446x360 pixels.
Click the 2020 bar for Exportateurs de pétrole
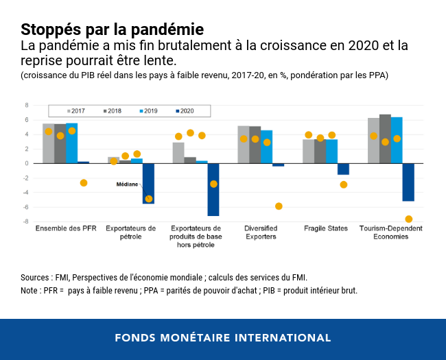pyautogui.click(x=148, y=183)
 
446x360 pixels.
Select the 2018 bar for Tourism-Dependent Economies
pyautogui.click(x=385, y=139)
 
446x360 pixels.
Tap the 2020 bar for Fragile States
pyautogui.click(x=343, y=169)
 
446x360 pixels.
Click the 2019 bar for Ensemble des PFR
pyautogui.click(x=71, y=143)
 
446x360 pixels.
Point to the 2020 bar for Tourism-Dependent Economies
pyautogui.click(x=408, y=182)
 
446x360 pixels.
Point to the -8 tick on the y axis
pyautogui.click(x=26, y=221)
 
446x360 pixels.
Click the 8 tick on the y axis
pyautogui.click(x=27, y=105)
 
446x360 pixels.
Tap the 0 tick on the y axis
pyautogui.click(x=27, y=163)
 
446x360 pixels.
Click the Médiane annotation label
pyautogui.click(x=127, y=184)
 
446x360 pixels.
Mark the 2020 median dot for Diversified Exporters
pyautogui.click(x=279, y=206)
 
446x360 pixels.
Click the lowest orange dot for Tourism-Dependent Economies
pyautogui.click(x=409, y=219)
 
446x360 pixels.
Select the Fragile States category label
pyautogui.click(x=325, y=228)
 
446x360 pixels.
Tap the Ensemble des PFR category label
pyautogui.click(x=66, y=228)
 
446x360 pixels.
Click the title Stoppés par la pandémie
pyautogui.click(x=112, y=30)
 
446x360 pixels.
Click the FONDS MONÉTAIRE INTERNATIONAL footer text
pyautogui.click(x=222, y=338)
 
